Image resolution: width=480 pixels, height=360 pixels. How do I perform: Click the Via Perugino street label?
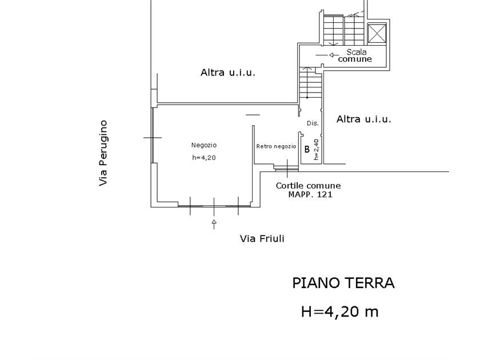click(103, 153)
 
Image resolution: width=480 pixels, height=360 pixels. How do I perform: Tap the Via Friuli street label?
click(262, 239)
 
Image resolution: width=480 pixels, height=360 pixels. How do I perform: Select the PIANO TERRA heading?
click(343, 283)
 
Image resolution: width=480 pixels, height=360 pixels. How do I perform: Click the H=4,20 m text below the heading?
click(339, 311)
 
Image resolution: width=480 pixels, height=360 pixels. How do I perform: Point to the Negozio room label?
click(204, 145)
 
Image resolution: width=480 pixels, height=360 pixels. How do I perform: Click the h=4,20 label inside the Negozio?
click(204, 158)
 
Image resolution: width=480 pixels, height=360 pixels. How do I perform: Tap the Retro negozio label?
click(276, 146)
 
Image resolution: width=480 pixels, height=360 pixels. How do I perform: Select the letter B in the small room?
click(307, 150)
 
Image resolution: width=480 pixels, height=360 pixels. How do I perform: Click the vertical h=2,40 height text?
click(317, 149)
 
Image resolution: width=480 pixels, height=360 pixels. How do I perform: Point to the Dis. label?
click(312, 123)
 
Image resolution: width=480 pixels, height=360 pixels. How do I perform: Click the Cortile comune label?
click(308, 186)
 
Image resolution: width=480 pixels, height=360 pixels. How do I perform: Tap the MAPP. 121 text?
click(310, 194)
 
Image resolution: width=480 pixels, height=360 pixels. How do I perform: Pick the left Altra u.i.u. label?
click(227, 73)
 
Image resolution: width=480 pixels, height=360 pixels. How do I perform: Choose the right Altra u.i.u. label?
click(363, 119)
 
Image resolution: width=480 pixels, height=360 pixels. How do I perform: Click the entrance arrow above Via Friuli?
click(214, 223)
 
